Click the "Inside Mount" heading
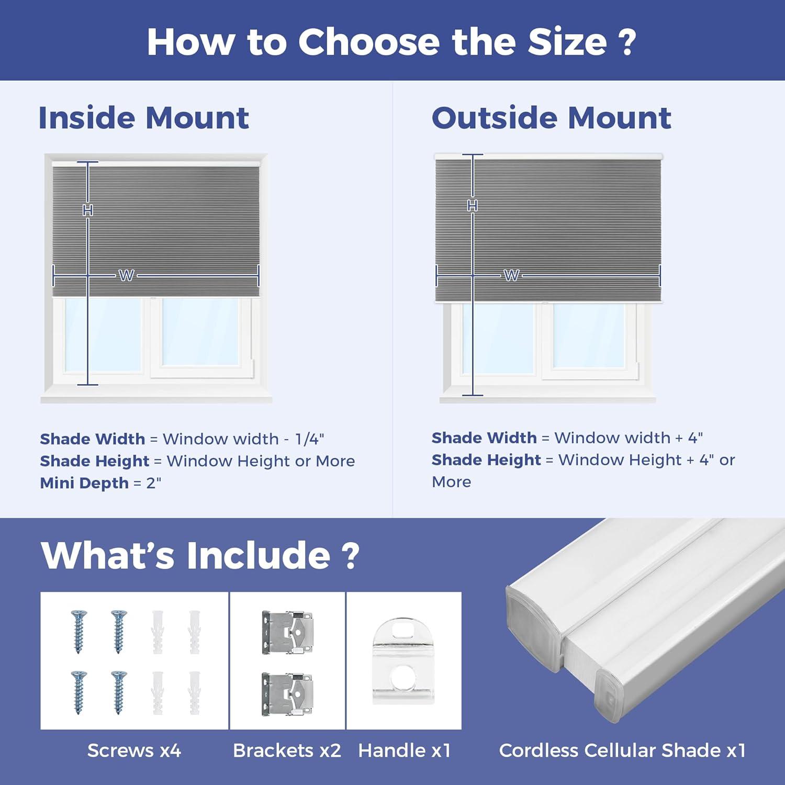point(144,118)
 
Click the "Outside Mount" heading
point(552,118)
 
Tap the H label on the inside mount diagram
point(88,210)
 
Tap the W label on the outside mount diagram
point(511,275)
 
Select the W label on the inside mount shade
point(127,275)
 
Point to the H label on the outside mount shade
point(473,206)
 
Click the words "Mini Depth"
point(84,483)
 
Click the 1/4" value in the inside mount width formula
point(309,439)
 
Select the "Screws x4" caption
point(134,750)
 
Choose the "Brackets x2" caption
point(287,750)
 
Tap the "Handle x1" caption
point(405,750)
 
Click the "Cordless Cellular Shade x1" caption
point(622,750)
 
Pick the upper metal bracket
point(288,632)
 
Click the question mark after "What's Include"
point(352,556)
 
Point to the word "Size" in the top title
point(567,42)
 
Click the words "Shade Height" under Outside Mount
point(486,460)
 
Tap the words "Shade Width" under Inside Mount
point(93,439)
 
